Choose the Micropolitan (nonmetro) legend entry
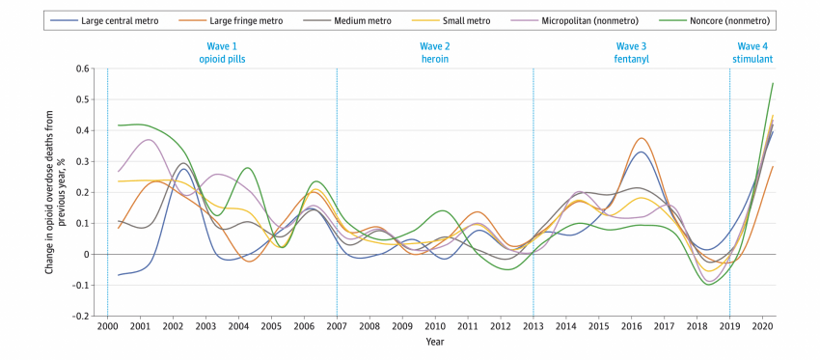584,19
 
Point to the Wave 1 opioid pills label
222,52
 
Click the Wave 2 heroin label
434,52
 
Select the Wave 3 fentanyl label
631,52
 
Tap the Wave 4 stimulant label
753,52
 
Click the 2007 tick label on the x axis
337,326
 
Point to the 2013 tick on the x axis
533,326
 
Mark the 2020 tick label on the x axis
763,326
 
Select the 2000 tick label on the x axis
107,326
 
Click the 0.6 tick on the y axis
84,69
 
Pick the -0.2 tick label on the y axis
82,316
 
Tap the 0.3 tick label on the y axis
84,161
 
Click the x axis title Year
435,343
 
